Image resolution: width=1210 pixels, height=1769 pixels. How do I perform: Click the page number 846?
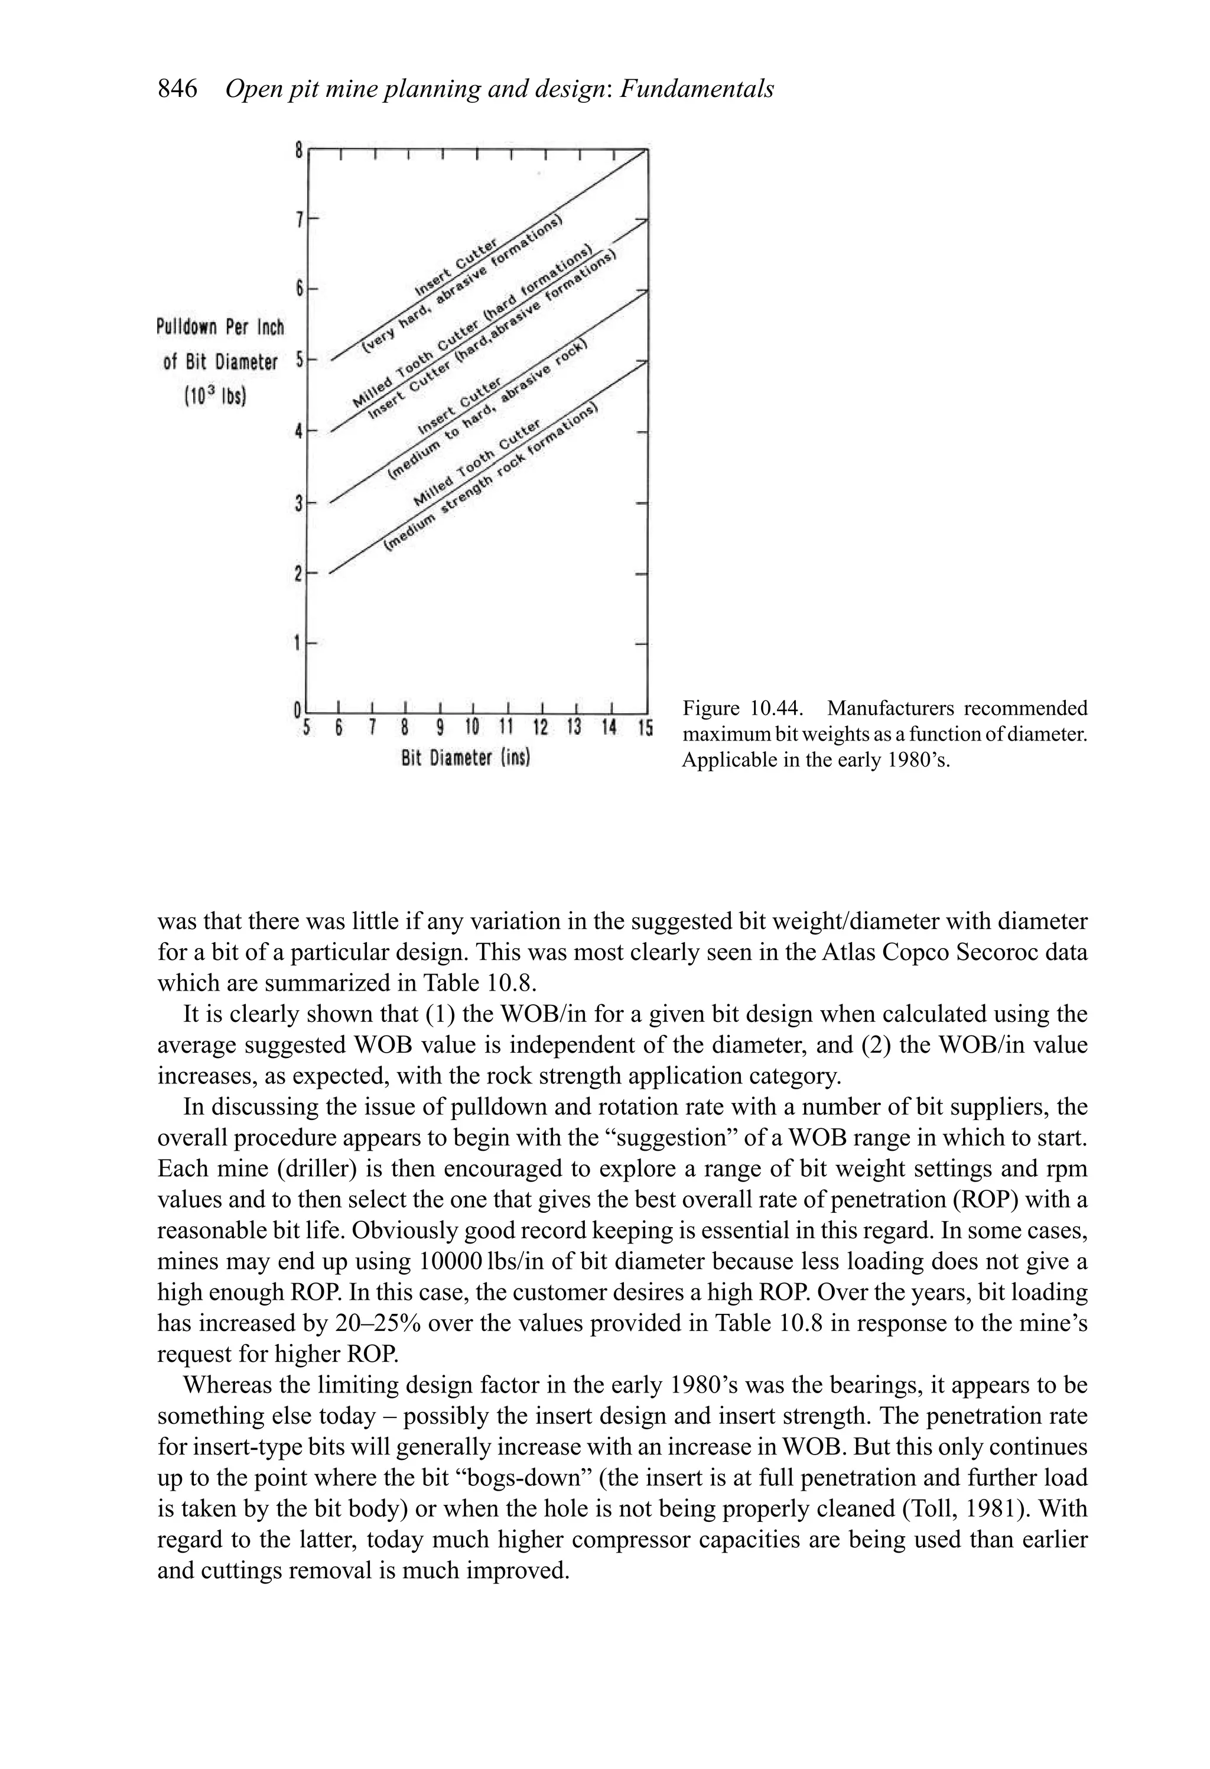tap(177, 90)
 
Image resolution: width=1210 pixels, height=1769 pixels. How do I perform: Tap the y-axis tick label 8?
tap(299, 151)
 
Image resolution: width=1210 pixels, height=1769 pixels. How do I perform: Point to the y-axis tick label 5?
tap(299, 360)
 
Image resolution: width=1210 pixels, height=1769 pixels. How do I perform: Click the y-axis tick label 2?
tap(299, 574)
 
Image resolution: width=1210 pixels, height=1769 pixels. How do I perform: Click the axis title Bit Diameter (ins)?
tap(466, 759)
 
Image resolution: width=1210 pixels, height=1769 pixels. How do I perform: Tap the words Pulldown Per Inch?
tap(220, 327)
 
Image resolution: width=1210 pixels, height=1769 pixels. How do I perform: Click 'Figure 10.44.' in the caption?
tap(742, 709)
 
